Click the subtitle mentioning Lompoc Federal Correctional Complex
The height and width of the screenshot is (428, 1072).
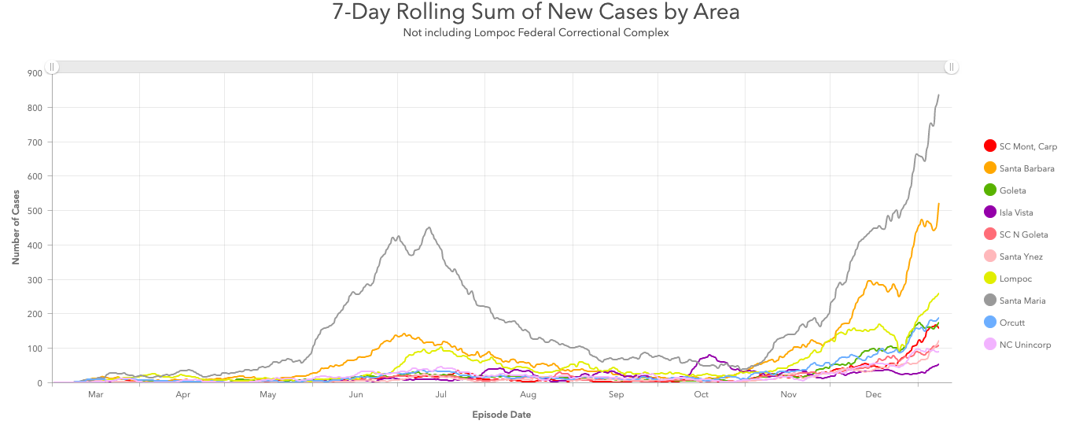click(x=536, y=32)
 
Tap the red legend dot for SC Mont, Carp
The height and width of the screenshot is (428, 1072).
click(x=990, y=146)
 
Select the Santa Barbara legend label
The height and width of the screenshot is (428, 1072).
click(x=1026, y=168)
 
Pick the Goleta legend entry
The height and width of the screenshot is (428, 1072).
click(x=1012, y=190)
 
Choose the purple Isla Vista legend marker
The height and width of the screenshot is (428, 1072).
click(x=990, y=212)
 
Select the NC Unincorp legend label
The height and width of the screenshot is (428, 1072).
click(x=1025, y=345)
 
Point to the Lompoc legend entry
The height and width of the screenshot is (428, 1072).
click(x=1015, y=279)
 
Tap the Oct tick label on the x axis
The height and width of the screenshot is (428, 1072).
click(x=701, y=396)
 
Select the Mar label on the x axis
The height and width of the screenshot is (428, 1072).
click(x=96, y=396)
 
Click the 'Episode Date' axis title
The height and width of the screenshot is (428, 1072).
click(x=501, y=415)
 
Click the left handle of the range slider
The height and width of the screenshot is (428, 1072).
click(x=52, y=67)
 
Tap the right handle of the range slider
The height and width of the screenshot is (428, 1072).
click(x=951, y=67)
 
